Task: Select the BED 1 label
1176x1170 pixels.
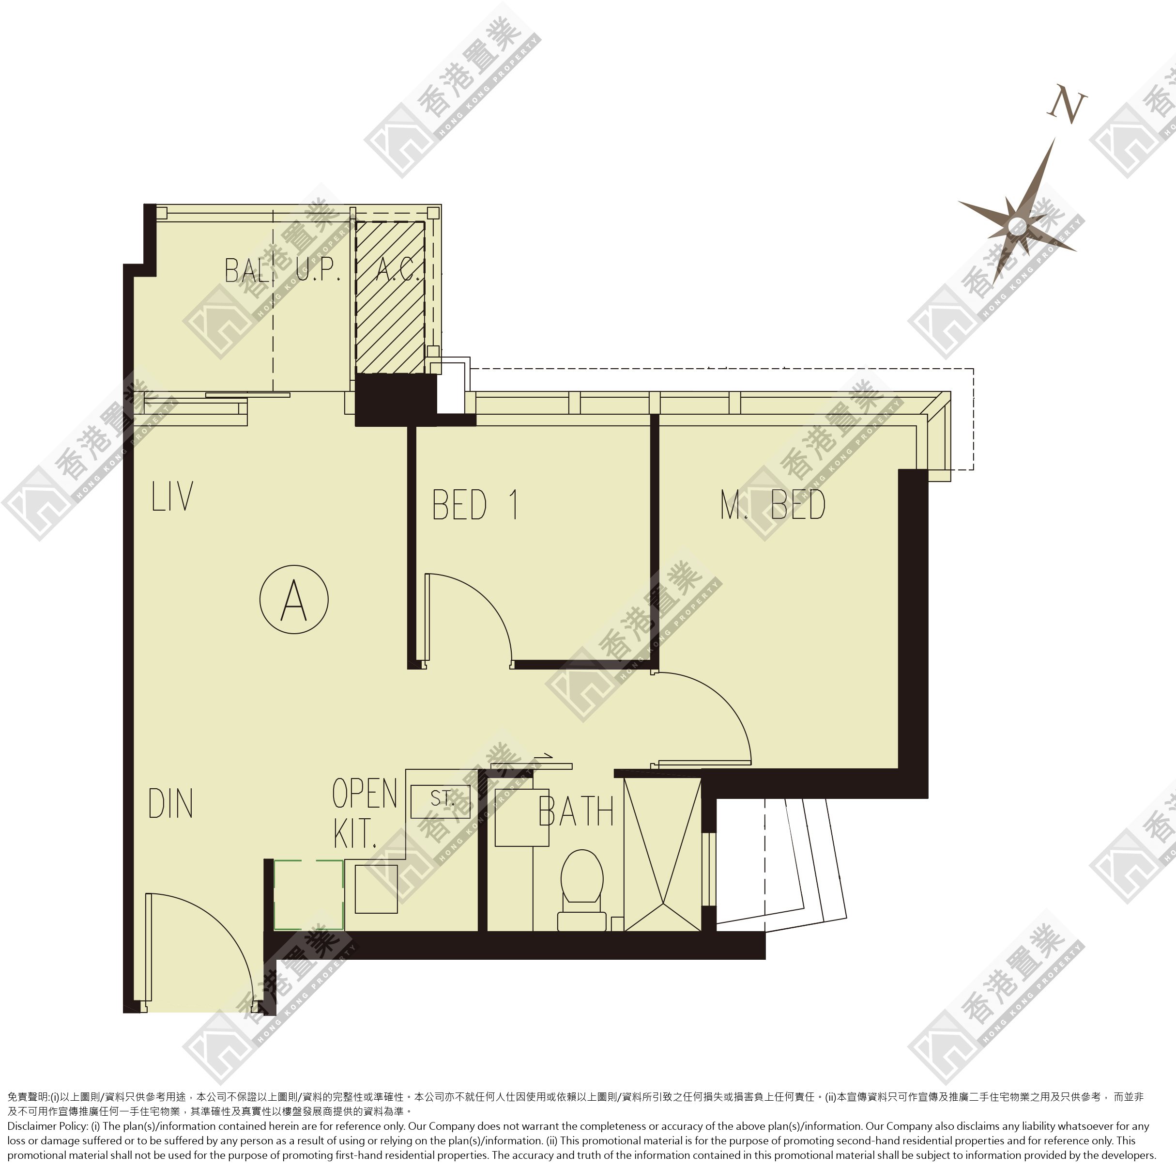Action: point(475,504)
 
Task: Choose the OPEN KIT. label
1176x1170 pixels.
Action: point(365,813)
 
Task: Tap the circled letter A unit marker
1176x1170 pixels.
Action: point(294,599)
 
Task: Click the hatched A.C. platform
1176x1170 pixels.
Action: point(390,297)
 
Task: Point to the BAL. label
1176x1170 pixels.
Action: point(246,270)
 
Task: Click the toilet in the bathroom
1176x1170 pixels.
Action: point(582,890)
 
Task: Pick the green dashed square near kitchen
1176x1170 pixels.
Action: point(308,895)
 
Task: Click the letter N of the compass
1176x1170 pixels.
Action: point(1067,107)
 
